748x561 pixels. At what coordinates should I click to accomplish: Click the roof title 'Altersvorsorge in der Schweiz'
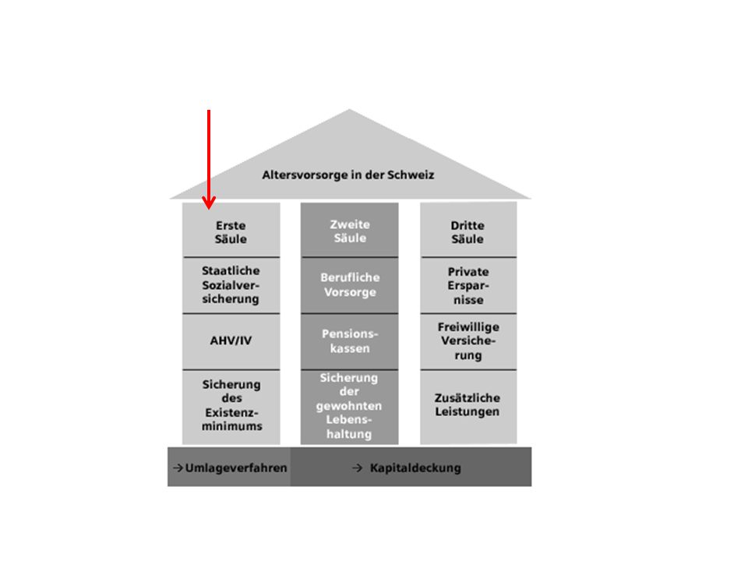tap(348, 175)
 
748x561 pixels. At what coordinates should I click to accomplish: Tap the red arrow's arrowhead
tap(209, 203)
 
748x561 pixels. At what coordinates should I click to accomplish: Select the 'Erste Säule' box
tap(231, 230)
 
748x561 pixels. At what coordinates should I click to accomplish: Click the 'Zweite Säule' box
tap(350, 230)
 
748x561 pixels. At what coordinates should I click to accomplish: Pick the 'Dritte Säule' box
tap(468, 230)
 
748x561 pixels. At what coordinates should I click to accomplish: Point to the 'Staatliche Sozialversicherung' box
tap(231, 285)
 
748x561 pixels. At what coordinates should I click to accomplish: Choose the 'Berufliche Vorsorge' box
tap(350, 285)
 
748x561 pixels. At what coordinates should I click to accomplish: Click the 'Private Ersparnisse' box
tap(468, 285)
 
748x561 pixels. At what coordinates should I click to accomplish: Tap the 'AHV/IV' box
tap(231, 341)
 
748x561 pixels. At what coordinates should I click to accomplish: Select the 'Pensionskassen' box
tap(350, 341)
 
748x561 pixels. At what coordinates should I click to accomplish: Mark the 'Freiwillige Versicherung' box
tap(468, 341)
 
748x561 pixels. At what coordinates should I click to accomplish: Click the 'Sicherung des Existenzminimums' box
tap(231, 408)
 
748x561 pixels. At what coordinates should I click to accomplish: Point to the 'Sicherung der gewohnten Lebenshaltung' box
tap(350, 408)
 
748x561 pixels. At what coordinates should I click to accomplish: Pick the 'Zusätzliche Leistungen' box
tap(468, 408)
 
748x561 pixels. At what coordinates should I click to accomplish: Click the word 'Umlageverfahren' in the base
tap(236, 468)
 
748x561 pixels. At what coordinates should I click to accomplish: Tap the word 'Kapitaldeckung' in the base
tap(415, 468)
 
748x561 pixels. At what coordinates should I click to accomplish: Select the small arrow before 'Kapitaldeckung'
tap(358, 468)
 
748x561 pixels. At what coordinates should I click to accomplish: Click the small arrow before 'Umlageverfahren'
tap(178, 468)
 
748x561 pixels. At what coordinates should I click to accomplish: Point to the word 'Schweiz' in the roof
tap(411, 175)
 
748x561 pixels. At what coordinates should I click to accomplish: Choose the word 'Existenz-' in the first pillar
tap(232, 412)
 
